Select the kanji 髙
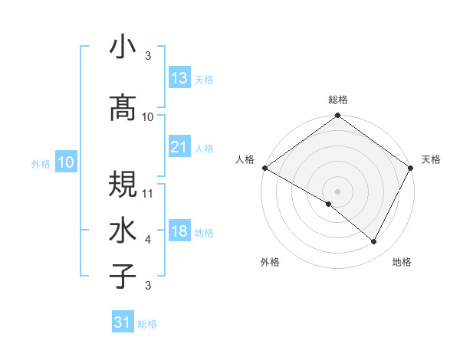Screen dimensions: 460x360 pos(124,108)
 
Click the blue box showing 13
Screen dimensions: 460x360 pos(179,78)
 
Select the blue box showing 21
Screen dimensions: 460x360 pos(179,147)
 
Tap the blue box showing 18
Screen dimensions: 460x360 pos(179,232)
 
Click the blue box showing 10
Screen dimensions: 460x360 pos(65,162)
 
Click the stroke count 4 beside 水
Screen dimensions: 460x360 pos(148,240)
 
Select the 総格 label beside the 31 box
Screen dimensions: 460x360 pos(147,324)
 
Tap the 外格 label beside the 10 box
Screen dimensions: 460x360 pos(41,163)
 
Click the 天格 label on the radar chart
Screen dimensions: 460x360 pos(431,159)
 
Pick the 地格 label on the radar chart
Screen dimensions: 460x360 pos(402,262)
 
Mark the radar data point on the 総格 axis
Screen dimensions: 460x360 pos(337,116)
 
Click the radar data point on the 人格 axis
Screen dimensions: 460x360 pos(264,168)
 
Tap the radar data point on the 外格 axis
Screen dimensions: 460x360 pos(329,204)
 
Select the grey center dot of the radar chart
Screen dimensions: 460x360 pos(337,191)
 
